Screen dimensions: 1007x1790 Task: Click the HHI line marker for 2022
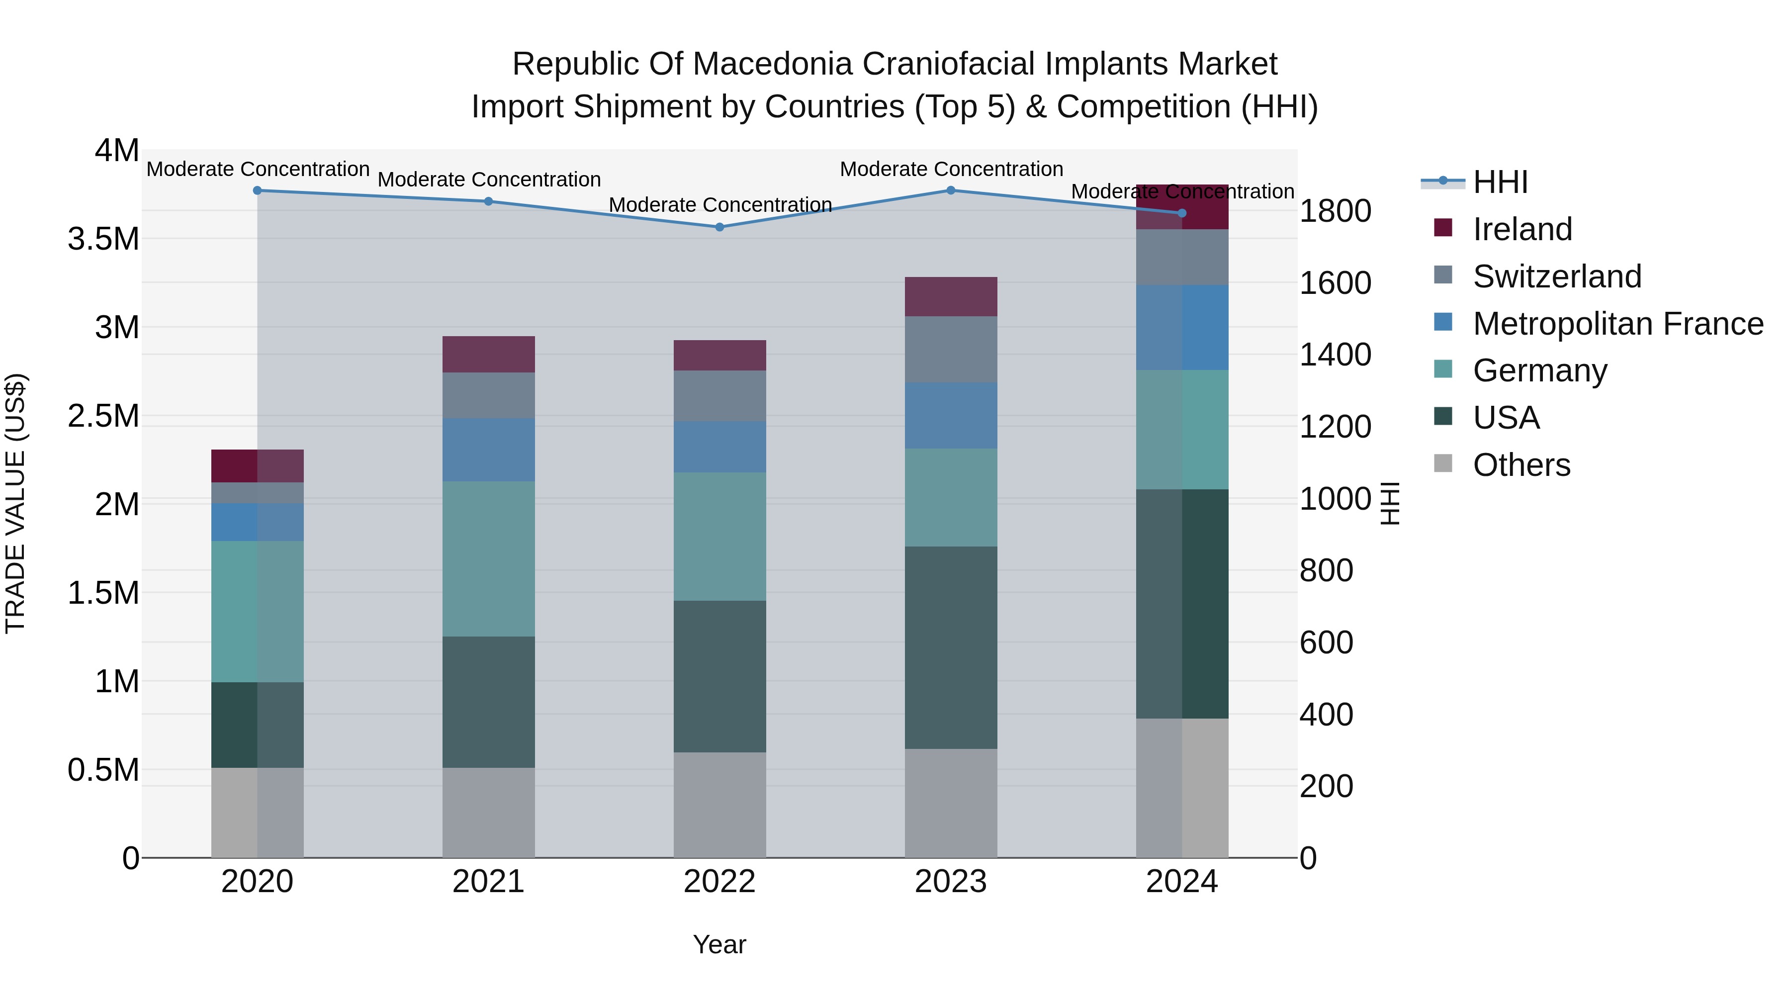point(719,227)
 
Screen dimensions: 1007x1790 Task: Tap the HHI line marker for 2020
point(257,190)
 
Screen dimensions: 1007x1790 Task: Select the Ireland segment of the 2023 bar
point(951,297)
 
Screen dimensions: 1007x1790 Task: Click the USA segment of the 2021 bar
point(488,702)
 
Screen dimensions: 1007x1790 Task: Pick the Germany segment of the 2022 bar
point(719,537)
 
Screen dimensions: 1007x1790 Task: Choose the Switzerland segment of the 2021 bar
point(488,395)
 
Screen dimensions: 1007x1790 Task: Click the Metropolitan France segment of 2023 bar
point(951,416)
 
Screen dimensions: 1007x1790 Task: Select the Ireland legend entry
point(1522,229)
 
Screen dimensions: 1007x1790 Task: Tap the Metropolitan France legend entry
point(1617,324)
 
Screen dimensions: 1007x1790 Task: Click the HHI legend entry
point(1500,182)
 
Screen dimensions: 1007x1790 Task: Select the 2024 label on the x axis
point(1181,882)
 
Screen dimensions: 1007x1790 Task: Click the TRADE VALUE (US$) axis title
point(15,503)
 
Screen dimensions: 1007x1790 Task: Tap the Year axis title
point(719,944)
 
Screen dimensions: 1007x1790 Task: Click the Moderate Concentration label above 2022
point(720,205)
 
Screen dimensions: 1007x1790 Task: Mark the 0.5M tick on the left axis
point(103,770)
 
